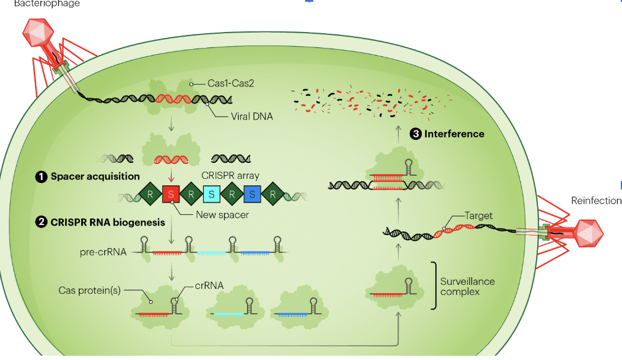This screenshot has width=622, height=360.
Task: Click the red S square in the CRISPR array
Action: pos(171,194)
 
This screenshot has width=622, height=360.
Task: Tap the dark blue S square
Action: pos(252,194)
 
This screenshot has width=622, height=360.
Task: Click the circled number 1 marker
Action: pos(41,176)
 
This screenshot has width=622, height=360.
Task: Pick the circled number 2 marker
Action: pos(41,223)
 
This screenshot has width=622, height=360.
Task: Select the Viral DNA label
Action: pos(252,117)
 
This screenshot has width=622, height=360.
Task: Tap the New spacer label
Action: pos(222,215)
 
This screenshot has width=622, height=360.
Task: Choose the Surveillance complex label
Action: pos(467,287)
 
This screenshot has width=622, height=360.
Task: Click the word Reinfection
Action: pos(596,201)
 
